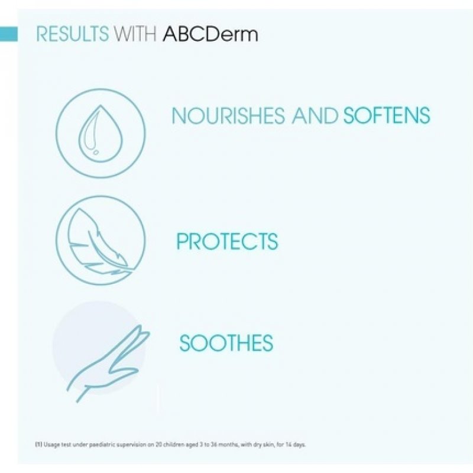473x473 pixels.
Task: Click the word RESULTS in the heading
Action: pos(72,34)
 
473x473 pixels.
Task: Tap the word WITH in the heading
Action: pos(135,34)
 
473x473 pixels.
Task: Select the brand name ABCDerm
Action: pos(210,34)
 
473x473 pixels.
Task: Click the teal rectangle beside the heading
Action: pos(8,34)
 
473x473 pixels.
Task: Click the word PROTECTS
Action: pos(227,242)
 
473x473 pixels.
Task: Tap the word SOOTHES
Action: pos(226,343)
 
